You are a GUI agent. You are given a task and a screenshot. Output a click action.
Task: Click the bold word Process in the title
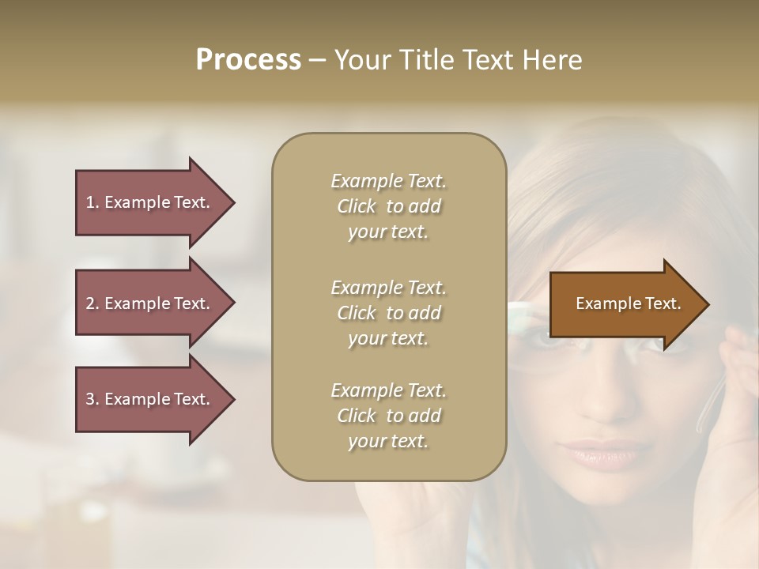click(x=248, y=60)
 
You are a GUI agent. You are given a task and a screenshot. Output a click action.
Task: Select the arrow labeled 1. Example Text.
click(x=150, y=202)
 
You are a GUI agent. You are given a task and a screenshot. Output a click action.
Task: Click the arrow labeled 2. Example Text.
click(x=150, y=303)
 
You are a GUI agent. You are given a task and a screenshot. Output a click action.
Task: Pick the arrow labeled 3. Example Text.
click(x=150, y=399)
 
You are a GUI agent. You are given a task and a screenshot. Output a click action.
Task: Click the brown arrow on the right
click(x=625, y=303)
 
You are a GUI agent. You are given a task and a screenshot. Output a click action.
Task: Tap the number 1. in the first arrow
click(x=93, y=202)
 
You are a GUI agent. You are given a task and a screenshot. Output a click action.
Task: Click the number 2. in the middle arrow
click(x=93, y=303)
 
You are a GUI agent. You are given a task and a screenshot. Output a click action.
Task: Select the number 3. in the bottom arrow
click(x=93, y=399)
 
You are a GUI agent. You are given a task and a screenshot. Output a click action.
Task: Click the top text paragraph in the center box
click(x=388, y=206)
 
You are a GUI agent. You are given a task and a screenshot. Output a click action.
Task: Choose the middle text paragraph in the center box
click(x=388, y=313)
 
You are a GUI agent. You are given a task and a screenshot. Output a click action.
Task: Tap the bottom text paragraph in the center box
click(x=388, y=416)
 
